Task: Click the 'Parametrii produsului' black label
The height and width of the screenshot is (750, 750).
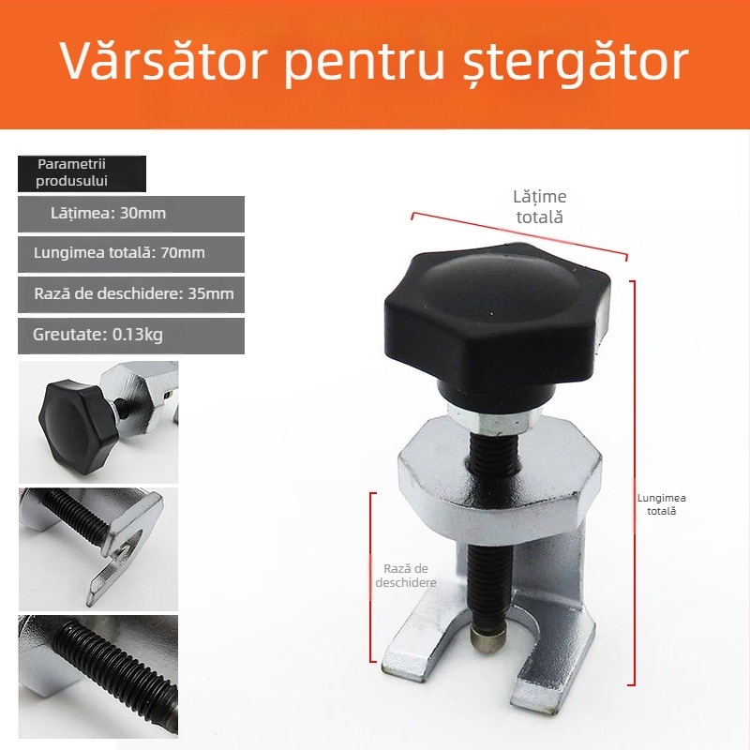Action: pos(81,173)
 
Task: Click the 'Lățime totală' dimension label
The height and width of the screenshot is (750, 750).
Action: pos(539,206)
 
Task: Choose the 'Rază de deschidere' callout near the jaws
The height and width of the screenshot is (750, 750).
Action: pos(406,575)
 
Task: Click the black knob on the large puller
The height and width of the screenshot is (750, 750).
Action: pos(498,314)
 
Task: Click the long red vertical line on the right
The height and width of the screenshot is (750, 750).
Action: pos(635,483)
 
